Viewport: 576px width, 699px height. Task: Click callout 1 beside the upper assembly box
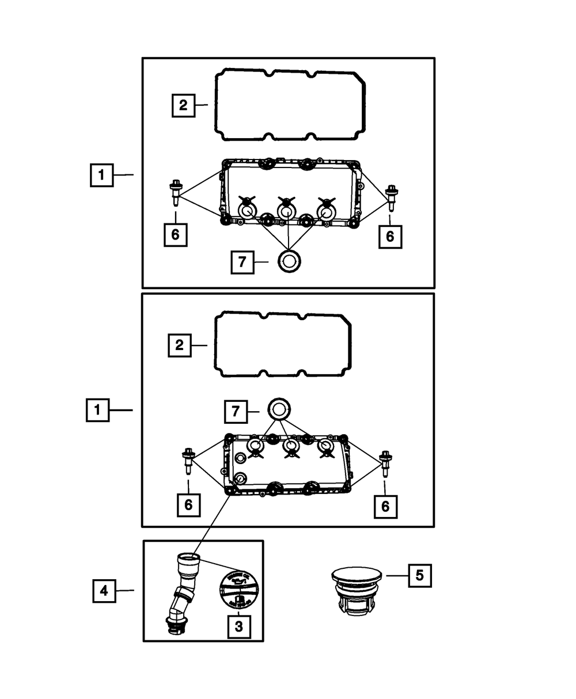pyautogui.click(x=101, y=175)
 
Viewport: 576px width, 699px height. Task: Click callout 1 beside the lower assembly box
pyautogui.click(x=98, y=411)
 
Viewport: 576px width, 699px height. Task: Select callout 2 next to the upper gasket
pyautogui.click(x=183, y=105)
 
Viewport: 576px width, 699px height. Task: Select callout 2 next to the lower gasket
pyautogui.click(x=180, y=345)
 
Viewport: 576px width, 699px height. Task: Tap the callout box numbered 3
pyautogui.click(x=239, y=626)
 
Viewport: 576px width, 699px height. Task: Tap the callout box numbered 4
pyautogui.click(x=104, y=591)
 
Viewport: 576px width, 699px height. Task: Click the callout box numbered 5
pyautogui.click(x=419, y=575)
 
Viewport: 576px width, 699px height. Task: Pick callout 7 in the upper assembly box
pyautogui.click(x=242, y=262)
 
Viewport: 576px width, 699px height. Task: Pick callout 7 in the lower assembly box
pyautogui.click(x=235, y=411)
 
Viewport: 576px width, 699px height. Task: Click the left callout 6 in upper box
pyautogui.click(x=175, y=234)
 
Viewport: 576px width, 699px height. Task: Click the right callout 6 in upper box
pyautogui.click(x=390, y=235)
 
